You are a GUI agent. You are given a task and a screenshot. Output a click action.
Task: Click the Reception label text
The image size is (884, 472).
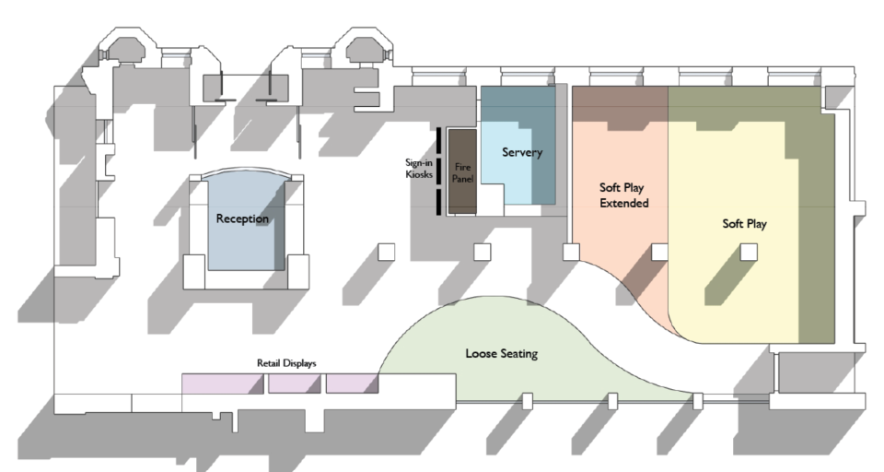(x=242, y=219)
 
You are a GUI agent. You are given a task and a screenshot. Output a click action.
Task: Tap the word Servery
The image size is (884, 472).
(x=522, y=152)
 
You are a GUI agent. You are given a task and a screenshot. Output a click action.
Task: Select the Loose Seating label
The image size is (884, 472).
(x=501, y=353)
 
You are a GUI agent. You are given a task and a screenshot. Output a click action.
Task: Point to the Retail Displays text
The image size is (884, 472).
(x=285, y=363)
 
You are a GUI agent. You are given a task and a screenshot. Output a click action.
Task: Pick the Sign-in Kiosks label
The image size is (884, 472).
(x=419, y=169)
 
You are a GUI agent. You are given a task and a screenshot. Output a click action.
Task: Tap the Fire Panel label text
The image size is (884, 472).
(x=463, y=172)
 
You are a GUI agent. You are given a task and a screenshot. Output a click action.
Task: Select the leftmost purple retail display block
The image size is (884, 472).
(x=222, y=383)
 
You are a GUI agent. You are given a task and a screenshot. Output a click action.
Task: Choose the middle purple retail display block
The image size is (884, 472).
(x=294, y=383)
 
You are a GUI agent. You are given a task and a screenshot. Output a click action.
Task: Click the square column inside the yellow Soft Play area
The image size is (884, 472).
(x=750, y=252)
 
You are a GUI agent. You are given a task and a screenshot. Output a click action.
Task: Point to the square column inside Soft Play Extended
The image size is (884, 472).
(x=659, y=252)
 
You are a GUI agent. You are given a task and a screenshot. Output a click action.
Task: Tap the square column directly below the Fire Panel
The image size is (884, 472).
(x=482, y=252)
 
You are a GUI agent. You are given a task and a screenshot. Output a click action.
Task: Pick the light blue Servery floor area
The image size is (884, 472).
(x=516, y=184)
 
